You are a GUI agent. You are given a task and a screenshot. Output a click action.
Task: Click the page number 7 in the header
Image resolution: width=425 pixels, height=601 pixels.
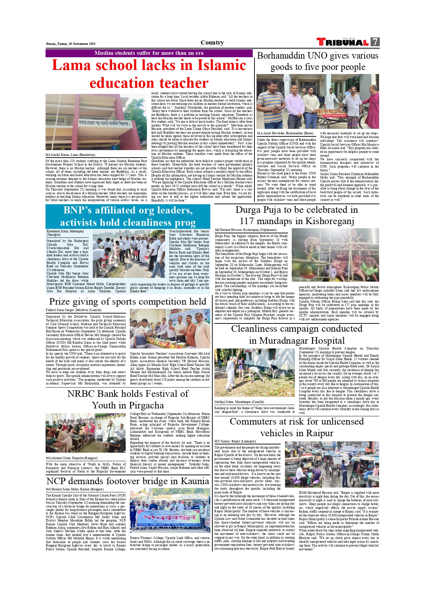click(x=375, y=42)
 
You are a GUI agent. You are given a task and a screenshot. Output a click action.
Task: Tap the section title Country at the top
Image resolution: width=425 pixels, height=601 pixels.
click(x=212, y=42)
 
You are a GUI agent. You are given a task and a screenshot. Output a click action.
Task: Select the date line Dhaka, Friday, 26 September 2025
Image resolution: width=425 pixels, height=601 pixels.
click(x=71, y=44)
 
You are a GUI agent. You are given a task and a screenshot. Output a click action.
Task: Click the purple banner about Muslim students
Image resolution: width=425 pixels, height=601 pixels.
click(x=149, y=53)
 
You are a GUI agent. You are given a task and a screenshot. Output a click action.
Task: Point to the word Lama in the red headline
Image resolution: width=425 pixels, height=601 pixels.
click(x=72, y=65)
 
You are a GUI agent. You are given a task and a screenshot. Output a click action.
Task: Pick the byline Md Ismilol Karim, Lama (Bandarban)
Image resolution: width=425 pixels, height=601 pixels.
click(x=70, y=155)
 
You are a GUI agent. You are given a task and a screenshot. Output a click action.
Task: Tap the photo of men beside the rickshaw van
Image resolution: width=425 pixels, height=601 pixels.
click(x=317, y=101)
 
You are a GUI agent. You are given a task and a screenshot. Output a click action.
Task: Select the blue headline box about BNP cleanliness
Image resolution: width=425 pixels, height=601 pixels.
click(x=128, y=216)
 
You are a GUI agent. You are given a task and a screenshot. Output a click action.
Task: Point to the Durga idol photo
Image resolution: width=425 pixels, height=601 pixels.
click(x=335, y=255)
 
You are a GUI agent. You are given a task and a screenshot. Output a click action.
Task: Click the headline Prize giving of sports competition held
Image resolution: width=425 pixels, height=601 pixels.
click(x=128, y=302)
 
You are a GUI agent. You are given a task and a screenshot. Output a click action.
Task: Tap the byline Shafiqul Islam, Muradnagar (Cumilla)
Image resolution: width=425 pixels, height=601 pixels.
click(x=239, y=402)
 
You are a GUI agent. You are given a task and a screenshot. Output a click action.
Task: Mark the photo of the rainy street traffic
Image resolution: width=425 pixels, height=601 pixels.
click(x=332, y=464)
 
